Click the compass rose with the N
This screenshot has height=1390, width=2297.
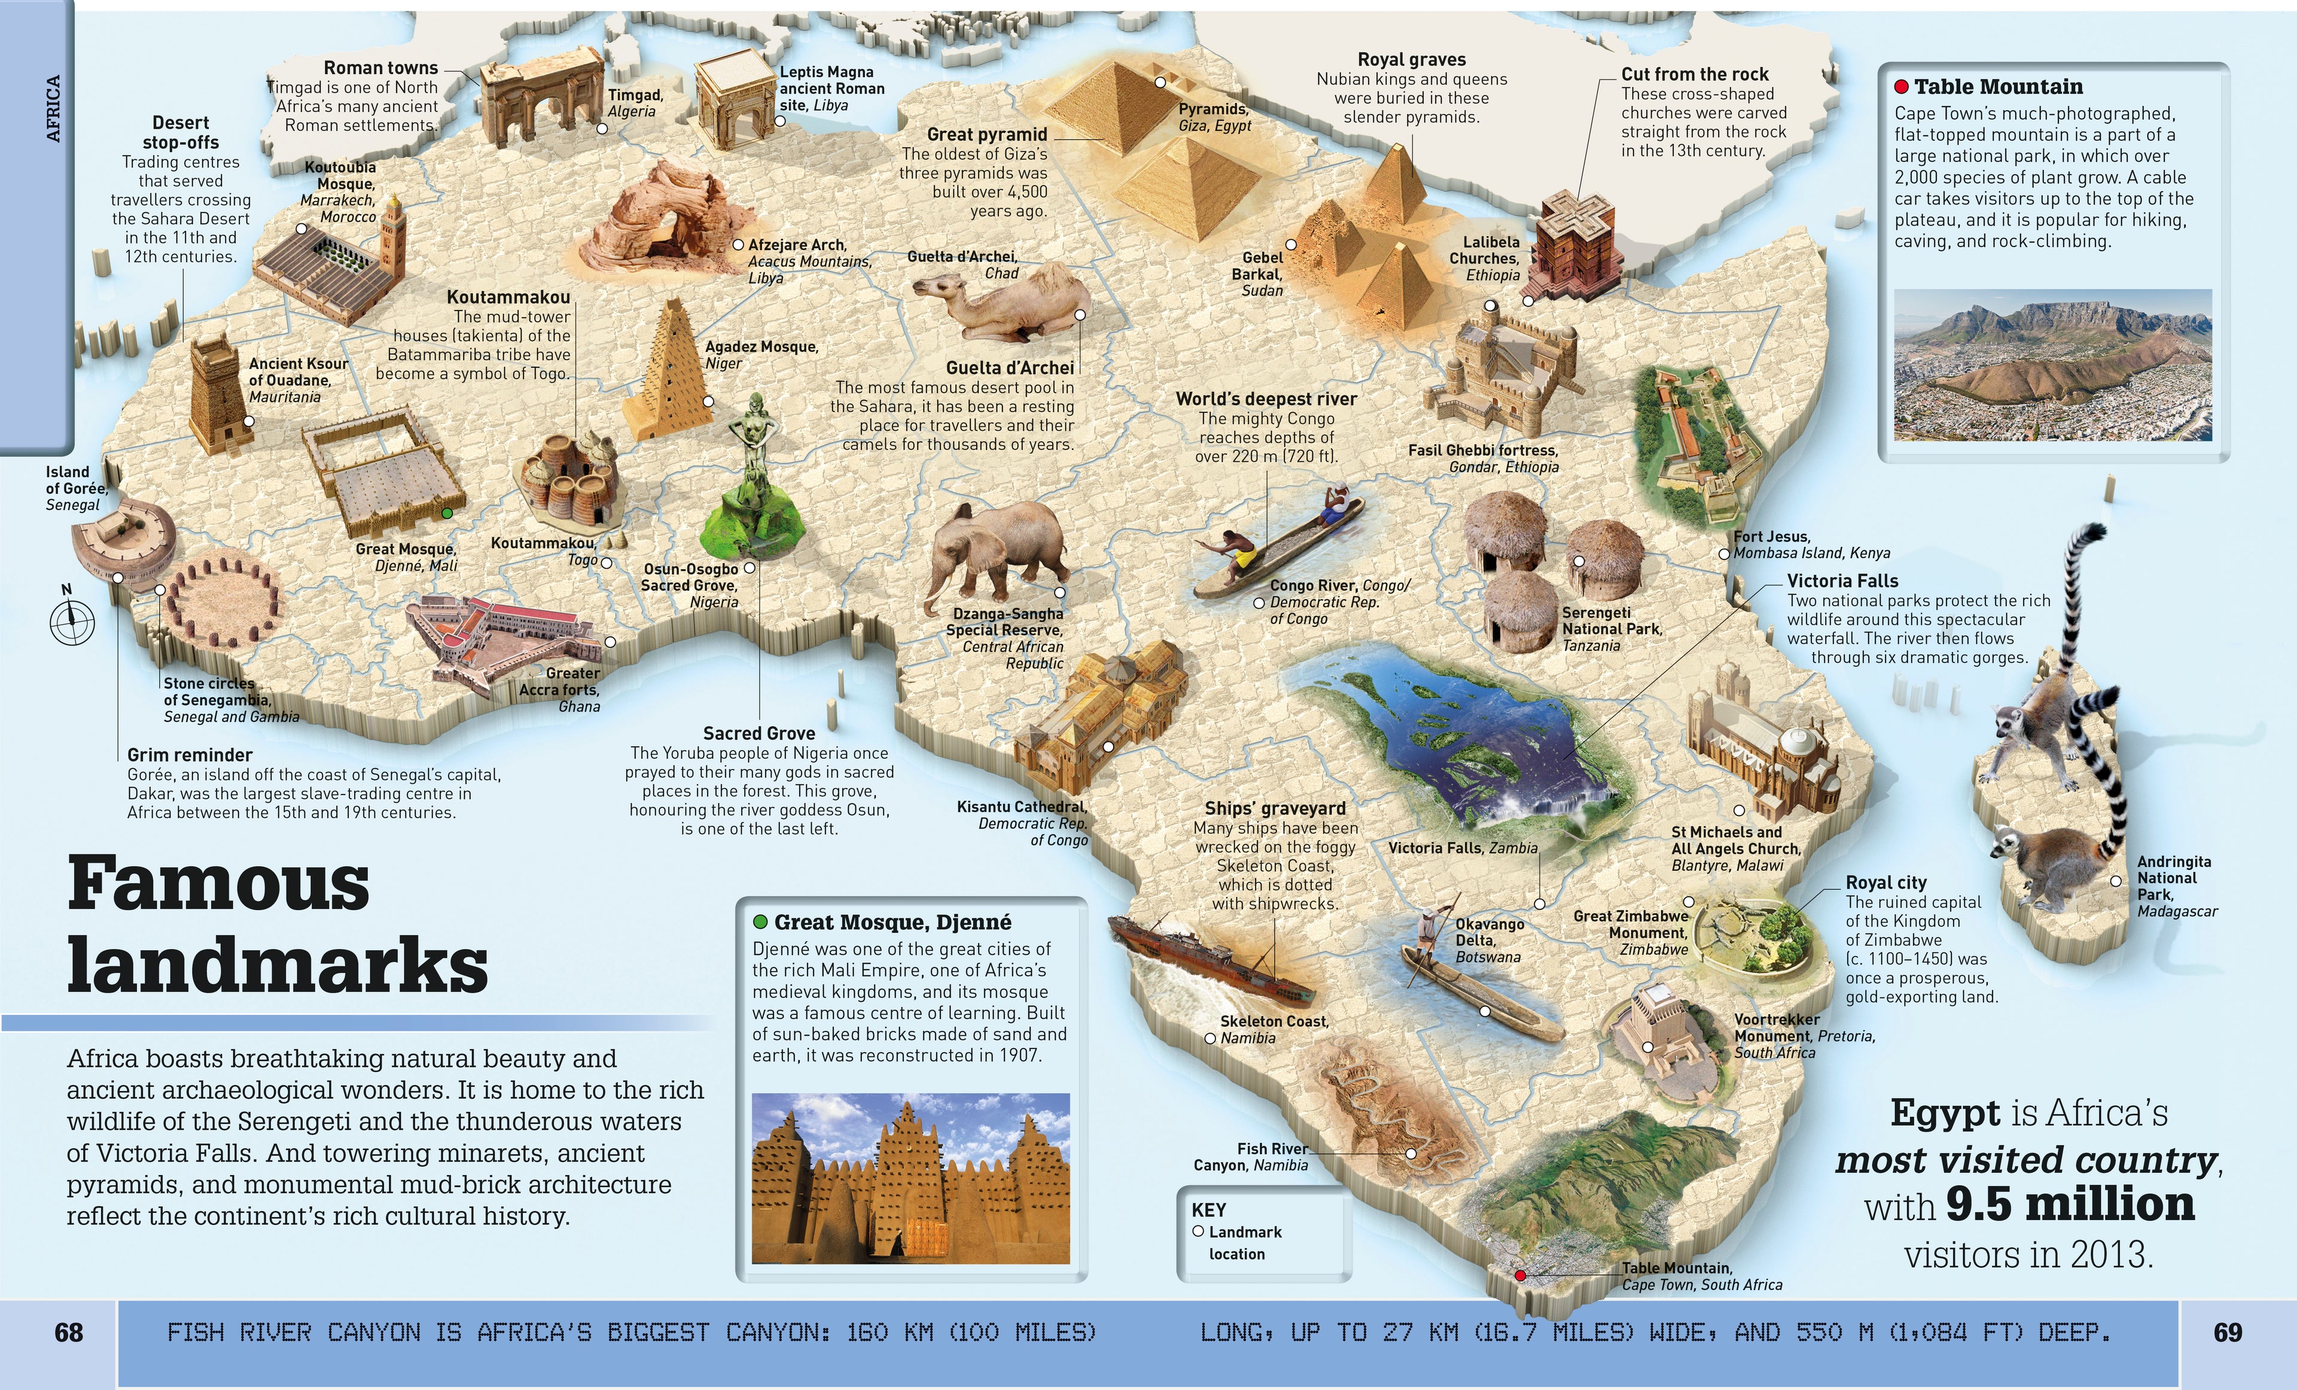click(x=72, y=620)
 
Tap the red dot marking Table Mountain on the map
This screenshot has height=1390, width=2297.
click(x=1521, y=1275)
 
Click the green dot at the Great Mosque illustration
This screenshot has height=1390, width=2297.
click(x=447, y=513)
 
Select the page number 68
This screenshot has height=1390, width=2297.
click(x=69, y=1332)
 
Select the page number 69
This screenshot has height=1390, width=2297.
click(x=2227, y=1332)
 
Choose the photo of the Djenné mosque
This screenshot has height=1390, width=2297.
click(x=910, y=1178)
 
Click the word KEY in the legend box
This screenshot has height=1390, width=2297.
click(x=1208, y=1210)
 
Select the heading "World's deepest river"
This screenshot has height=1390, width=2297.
click(x=1265, y=399)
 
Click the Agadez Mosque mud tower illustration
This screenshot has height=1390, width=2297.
click(x=668, y=373)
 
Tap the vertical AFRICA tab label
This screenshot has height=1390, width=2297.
click(x=53, y=108)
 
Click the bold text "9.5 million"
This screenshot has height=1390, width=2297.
click(x=2070, y=1205)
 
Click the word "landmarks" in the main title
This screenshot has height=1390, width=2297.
click(x=278, y=965)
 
